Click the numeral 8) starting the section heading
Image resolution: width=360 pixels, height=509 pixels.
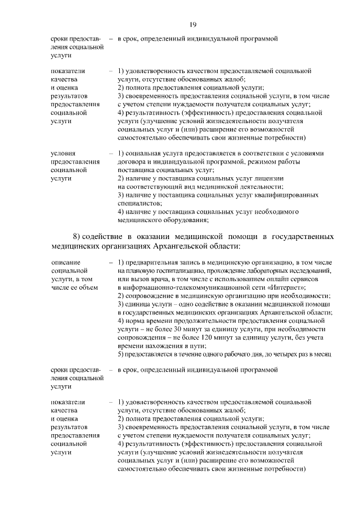coord(78,236)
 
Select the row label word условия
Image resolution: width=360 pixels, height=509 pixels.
coord(63,152)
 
